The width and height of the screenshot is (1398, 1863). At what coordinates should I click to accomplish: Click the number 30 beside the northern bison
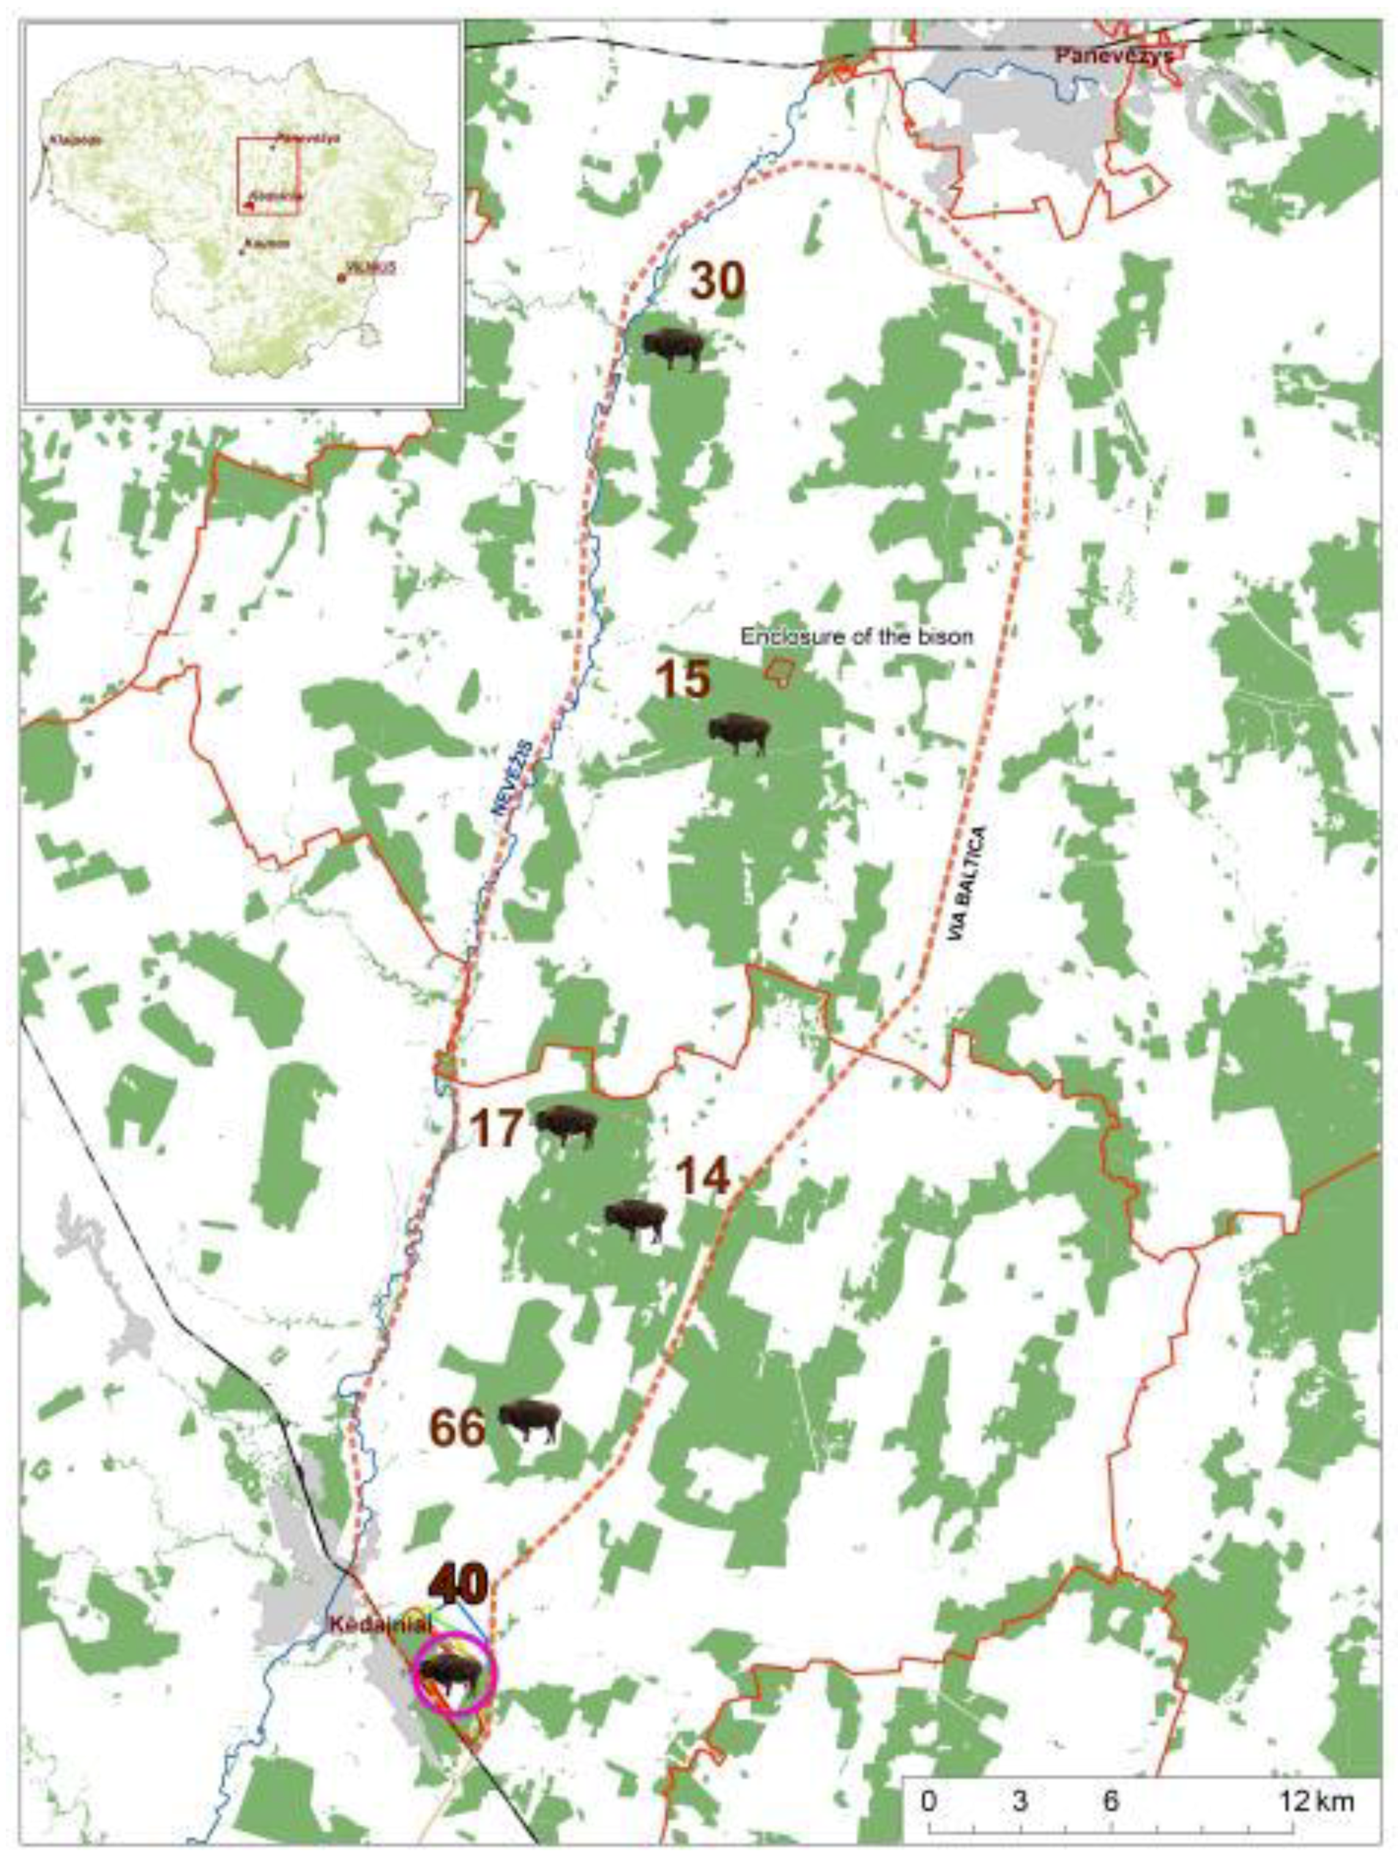(x=717, y=281)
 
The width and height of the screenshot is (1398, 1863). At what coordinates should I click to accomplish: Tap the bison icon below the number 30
(x=672, y=348)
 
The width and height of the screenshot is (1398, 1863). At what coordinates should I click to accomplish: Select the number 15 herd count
(x=683, y=679)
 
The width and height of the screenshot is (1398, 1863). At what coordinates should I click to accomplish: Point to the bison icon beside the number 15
(x=739, y=733)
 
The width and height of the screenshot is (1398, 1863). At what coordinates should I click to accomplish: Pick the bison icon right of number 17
(x=567, y=1124)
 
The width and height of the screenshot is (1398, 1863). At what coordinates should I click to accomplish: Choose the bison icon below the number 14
(x=636, y=1219)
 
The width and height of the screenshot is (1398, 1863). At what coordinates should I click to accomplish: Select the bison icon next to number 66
(x=529, y=1421)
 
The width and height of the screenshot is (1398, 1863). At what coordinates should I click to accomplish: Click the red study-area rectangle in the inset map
(x=269, y=177)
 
